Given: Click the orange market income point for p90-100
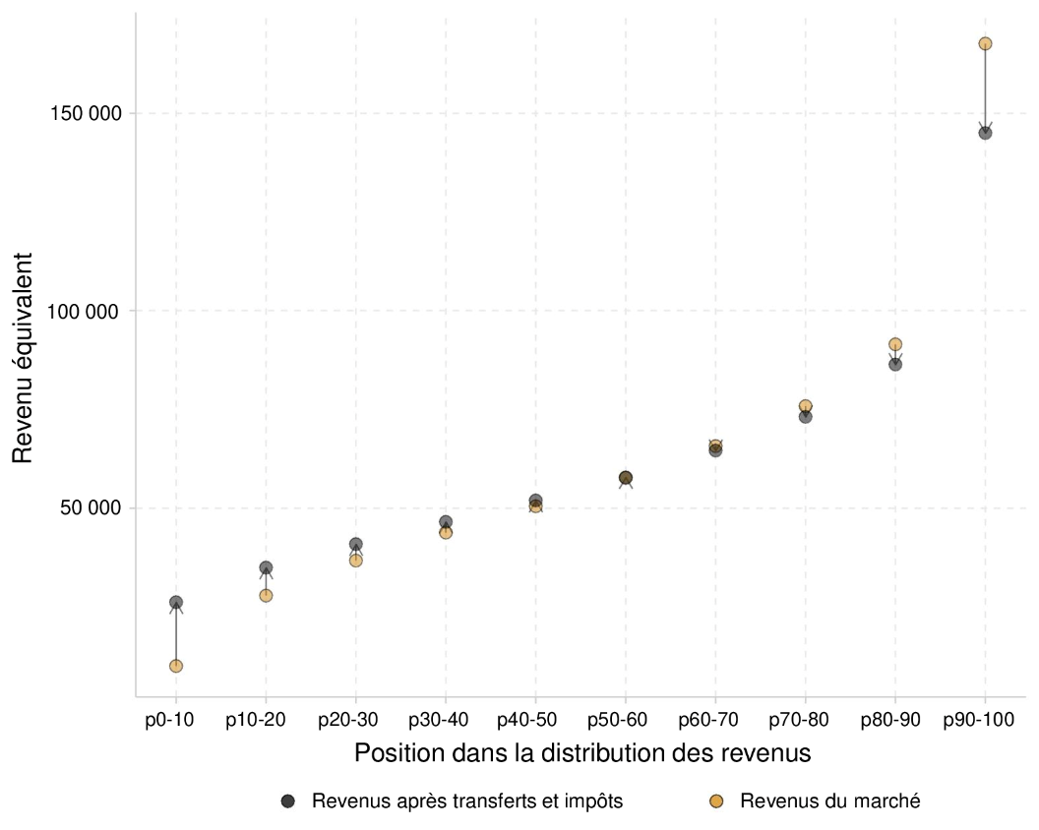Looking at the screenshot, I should click(985, 43).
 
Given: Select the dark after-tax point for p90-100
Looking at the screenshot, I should click(985, 133).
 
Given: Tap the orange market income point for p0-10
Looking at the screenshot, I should click(176, 666).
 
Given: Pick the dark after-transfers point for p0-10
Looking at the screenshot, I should click(176, 602).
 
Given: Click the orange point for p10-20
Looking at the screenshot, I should click(266, 595).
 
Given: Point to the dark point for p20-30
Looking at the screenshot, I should click(355, 544).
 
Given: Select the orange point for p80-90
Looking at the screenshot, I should click(895, 344).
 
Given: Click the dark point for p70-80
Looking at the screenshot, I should click(805, 417).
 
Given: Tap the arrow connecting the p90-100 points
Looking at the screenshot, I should click(985, 89).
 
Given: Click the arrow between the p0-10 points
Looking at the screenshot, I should click(176, 634).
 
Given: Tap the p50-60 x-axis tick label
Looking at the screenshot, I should click(625, 720).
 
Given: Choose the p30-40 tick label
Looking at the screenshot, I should click(445, 720).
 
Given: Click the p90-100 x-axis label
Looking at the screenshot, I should click(984, 720).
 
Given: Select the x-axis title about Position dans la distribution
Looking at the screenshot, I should click(582, 754).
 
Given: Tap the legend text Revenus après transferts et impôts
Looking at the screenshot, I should click(467, 800).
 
